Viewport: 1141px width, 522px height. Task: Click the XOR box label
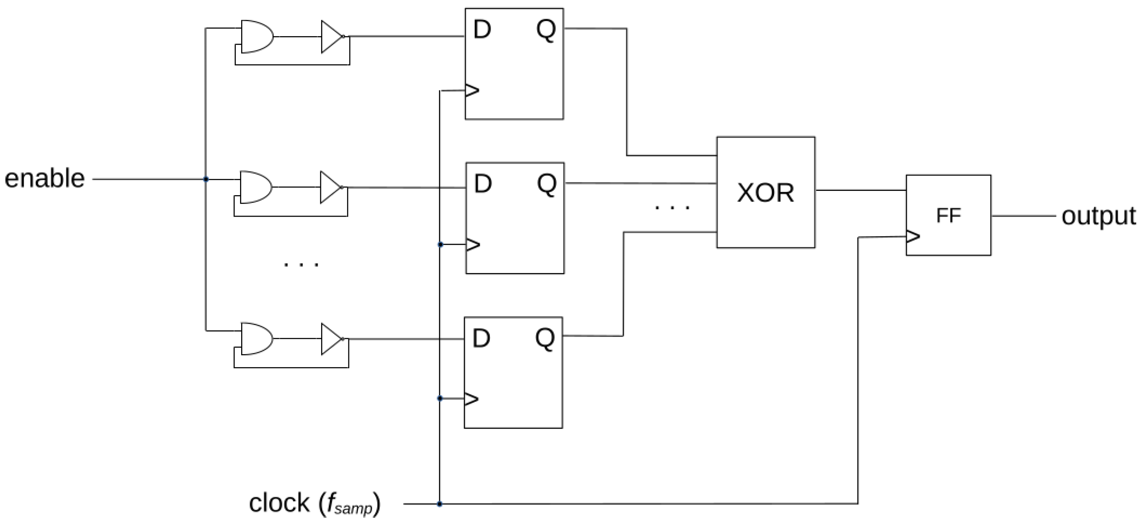click(x=765, y=193)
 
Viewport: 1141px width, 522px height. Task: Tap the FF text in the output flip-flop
click(x=948, y=216)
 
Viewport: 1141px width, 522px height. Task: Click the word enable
click(x=45, y=179)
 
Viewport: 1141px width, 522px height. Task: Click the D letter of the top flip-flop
click(x=482, y=30)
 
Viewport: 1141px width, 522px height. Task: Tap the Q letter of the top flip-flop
click(x=546, y=30)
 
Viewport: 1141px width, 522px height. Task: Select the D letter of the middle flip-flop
click(x=483, y=184)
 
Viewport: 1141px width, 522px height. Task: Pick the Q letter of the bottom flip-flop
click(x=545, y=338)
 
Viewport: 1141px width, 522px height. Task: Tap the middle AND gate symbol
click(x=255, y=187)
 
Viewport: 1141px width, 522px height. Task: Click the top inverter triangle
click(x=331, y=36)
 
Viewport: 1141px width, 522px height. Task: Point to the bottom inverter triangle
click(x=331, y=339)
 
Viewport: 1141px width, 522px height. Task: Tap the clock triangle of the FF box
click(x=913, y=236)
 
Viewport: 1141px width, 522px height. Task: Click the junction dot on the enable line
click(x=206, y=179)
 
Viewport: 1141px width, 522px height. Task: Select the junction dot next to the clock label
click(x=439, y=504)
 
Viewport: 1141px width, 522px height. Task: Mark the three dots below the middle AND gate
click(x=301, y=265)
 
